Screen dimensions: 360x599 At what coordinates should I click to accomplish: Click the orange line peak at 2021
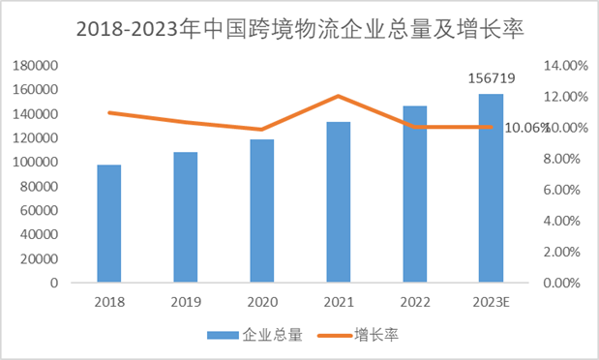tap(338, 96)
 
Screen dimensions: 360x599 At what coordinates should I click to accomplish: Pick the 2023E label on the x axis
tap(491, 302)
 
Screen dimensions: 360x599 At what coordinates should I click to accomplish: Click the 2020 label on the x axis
tap(262, 302)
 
